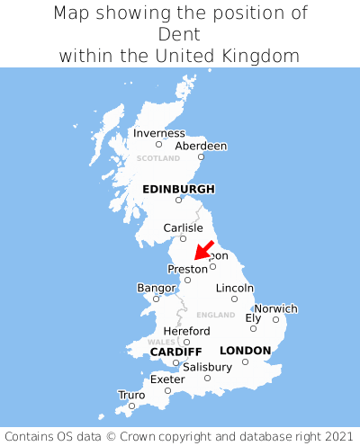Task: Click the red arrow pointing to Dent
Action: click(x=204, y=249)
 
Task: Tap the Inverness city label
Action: click(x=158, y=133)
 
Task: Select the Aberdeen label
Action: click(x=201, y=146)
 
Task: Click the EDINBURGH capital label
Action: click(x=178, y=189)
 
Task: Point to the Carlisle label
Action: click(x=183, y=227)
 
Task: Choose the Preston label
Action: click(x=187, y=269)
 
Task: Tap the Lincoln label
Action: click(x=234, y=288)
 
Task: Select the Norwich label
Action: click(x=275, y=308)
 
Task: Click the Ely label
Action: click(x=253, y=317)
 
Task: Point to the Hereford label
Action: click(x=186, y=331)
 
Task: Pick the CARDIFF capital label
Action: click(x=175, y=351)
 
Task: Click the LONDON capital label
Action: click(x=245, y=350)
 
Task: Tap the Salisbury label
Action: click(x=207, y=367)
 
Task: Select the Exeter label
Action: click(x=167, y=379)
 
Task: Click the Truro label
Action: click(x=131, y=395)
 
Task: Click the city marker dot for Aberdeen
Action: click(x=202, y=157)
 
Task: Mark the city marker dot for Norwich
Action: click(x=275, y=319)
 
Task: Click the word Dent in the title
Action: click(x=180, y=34)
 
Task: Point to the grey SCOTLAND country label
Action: click(x=158, y=158)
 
